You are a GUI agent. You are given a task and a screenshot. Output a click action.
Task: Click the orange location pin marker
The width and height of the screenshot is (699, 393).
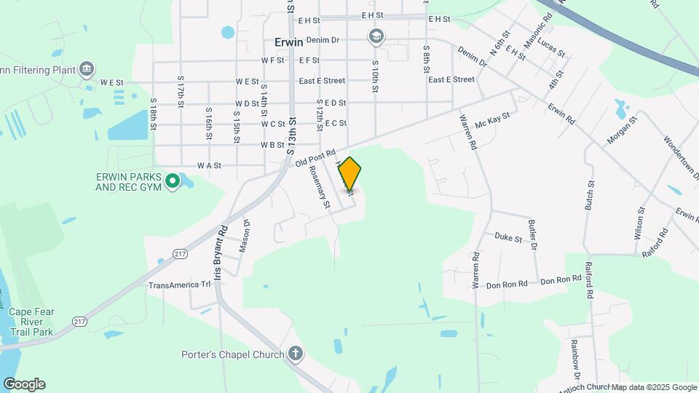[x=349, y=175]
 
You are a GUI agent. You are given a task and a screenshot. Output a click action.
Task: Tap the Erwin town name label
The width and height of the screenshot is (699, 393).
[x=289, y=42]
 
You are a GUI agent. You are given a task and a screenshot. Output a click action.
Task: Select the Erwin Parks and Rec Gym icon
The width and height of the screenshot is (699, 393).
[x=173, y=180]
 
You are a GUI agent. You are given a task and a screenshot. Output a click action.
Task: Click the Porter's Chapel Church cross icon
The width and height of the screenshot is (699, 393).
[x=295, y=354]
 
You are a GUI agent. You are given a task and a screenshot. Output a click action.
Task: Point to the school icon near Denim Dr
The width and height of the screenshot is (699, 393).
[x=376, y=37]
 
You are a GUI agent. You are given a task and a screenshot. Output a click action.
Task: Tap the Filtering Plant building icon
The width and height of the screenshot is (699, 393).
[x=87, y=69]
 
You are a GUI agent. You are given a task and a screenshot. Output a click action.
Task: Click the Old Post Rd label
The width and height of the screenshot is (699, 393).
[x=315, y=158]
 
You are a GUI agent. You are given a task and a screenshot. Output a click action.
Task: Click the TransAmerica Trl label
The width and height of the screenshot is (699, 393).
[x=179, y=285]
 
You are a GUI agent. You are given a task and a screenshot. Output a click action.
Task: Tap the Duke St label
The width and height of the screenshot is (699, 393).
[x=508, y=238]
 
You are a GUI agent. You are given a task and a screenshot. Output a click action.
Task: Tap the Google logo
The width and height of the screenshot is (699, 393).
[x=24, y=384]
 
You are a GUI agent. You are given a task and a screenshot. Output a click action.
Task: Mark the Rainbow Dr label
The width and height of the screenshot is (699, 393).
[x=574, y=354]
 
